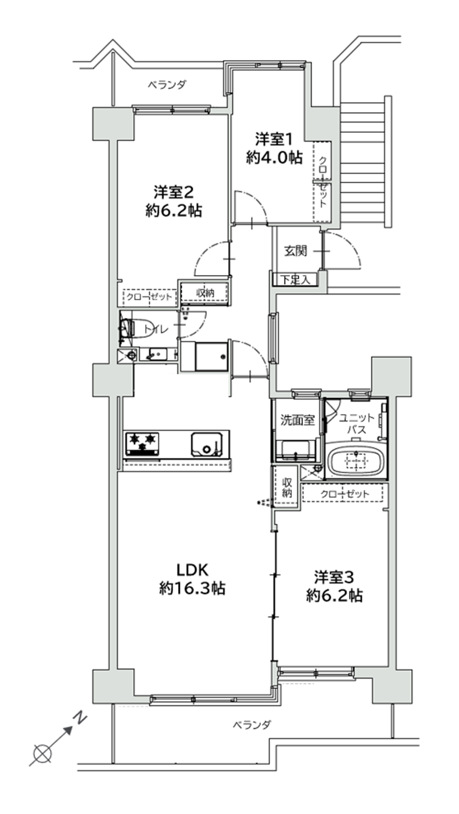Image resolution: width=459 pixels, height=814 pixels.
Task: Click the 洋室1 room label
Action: (x=274, y=139)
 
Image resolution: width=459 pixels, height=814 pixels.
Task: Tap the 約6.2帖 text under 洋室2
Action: (x=174, y=211)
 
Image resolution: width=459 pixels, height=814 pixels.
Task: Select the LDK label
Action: (x=192, y=570)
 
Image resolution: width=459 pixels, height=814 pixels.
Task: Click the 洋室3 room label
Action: (x=334, y=577)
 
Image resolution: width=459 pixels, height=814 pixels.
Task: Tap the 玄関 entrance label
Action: (x=295, y=251)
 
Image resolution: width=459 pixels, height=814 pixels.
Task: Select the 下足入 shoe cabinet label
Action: (x=296, y=280)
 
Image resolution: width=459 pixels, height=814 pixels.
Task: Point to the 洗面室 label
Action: (x=297, y=420)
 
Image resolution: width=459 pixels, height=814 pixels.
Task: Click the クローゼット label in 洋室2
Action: (x=149, y=297)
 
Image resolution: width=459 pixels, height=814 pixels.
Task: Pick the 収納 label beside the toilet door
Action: (x=206, y=293)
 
